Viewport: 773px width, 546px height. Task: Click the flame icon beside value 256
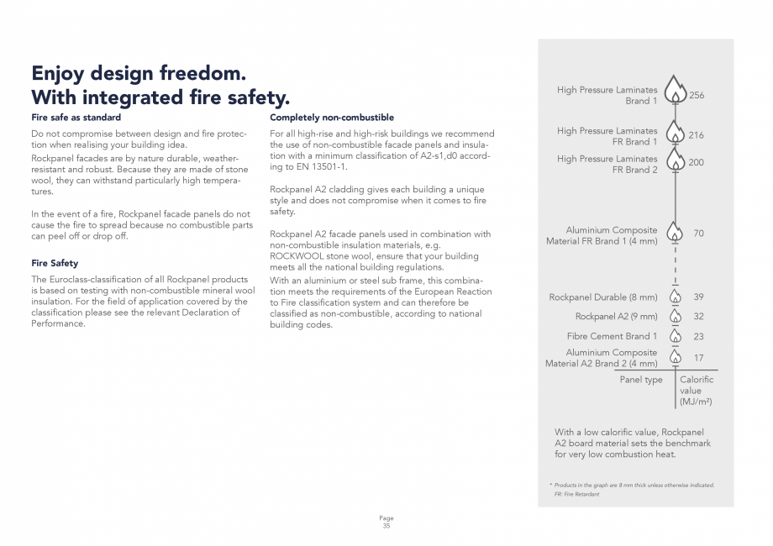pyautogui.click(x=676, y=92)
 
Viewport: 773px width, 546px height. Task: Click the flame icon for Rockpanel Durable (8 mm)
pyautogui.click(x=676, y=297)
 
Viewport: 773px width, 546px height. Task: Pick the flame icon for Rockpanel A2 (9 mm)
pyautogui.click(x=676, y=317)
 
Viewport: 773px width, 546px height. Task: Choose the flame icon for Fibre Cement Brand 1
pyautogui.click(x=676, y=337)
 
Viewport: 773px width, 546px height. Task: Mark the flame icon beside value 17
pyautogui.click(x=676, y=357)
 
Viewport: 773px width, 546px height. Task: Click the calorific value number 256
pyautogui.click(x=697, y=95)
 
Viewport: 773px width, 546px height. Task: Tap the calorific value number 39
pyautogui.click(x=698, y=297)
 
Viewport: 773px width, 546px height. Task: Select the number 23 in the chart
pyautogui.click(x=698, y=336)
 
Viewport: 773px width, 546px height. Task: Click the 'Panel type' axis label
pyautogui.click(x=641, y=380)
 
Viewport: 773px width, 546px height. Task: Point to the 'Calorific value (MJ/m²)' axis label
pyautogui.click(x=697, y=391)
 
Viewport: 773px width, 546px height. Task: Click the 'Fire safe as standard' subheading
pyautogui.click(x=76, y=118)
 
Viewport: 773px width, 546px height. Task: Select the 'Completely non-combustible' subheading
pyautogui.click(x=332, y=118)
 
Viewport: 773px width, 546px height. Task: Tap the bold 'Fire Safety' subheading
pyautogui.click(x=54, y=263)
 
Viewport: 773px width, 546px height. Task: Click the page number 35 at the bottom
pyautogui.click(x=386, y=526)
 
